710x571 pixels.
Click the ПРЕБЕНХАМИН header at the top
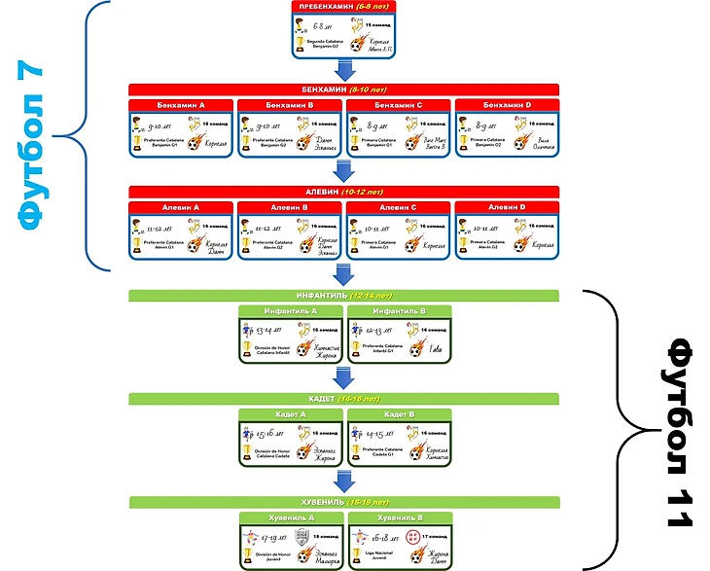point(344,8)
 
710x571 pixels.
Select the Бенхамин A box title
point(181,104)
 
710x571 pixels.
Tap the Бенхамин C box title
point(399,104)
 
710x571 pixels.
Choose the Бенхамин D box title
point(507,104)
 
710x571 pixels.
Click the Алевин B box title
point(290,207)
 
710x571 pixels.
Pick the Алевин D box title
point(507,207)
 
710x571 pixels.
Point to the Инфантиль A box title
point(291,310)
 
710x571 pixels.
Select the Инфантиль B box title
point(399,310)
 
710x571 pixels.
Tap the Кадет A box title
point(291,414)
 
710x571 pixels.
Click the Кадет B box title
point(399,414)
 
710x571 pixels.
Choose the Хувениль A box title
point(291,517)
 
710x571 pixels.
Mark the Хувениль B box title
point(399,517)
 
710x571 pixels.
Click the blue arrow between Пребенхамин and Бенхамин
point(344,69)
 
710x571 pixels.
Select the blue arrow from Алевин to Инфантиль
point(344,274)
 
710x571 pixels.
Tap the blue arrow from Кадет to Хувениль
point(344,482)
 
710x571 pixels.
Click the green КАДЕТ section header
point(344,399)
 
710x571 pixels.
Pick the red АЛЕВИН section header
point(344,192)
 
